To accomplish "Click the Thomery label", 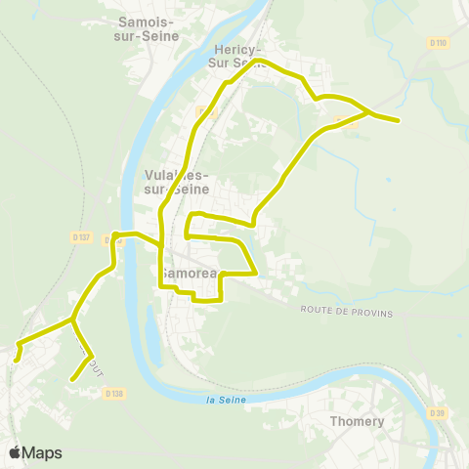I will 358,421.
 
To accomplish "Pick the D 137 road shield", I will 81,236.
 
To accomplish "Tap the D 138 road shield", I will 114,393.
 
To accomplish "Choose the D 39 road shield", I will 437,413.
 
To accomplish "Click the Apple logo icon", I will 17,452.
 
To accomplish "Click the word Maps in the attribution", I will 43,452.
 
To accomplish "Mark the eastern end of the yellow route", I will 398,121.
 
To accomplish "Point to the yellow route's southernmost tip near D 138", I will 73,379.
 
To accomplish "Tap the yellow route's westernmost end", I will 16,359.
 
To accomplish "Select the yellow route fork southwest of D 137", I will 72,319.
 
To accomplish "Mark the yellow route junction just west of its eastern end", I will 368,113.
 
